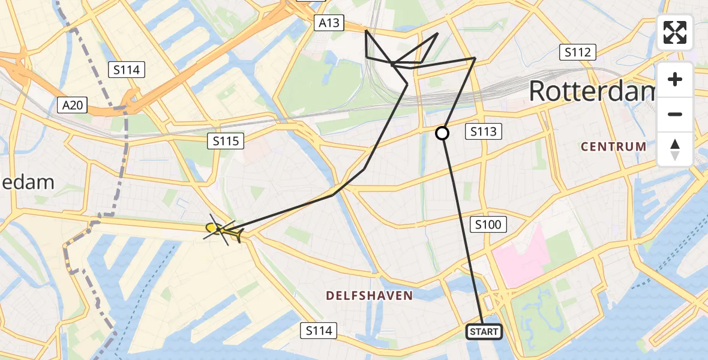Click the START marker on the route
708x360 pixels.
tap(484, 332)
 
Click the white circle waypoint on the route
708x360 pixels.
tap(442, 133)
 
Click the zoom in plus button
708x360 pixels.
tap(675, 79)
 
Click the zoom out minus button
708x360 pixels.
tap(675, 114)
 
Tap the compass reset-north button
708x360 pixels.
tap(675, 149)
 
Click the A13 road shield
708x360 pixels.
tap(329, 23)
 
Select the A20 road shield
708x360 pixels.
tap(73, 106)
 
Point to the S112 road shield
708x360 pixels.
tap(578, 52)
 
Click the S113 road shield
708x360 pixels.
tap(484, 131)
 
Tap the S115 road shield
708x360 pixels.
tap(226, 142)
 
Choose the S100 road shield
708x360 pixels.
tap(489, 225)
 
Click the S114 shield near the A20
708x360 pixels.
tap(126, 70)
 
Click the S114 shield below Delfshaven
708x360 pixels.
tap(319, 330)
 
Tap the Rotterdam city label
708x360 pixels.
tap(591, 92)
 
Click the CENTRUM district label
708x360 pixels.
tap(614, 146)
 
